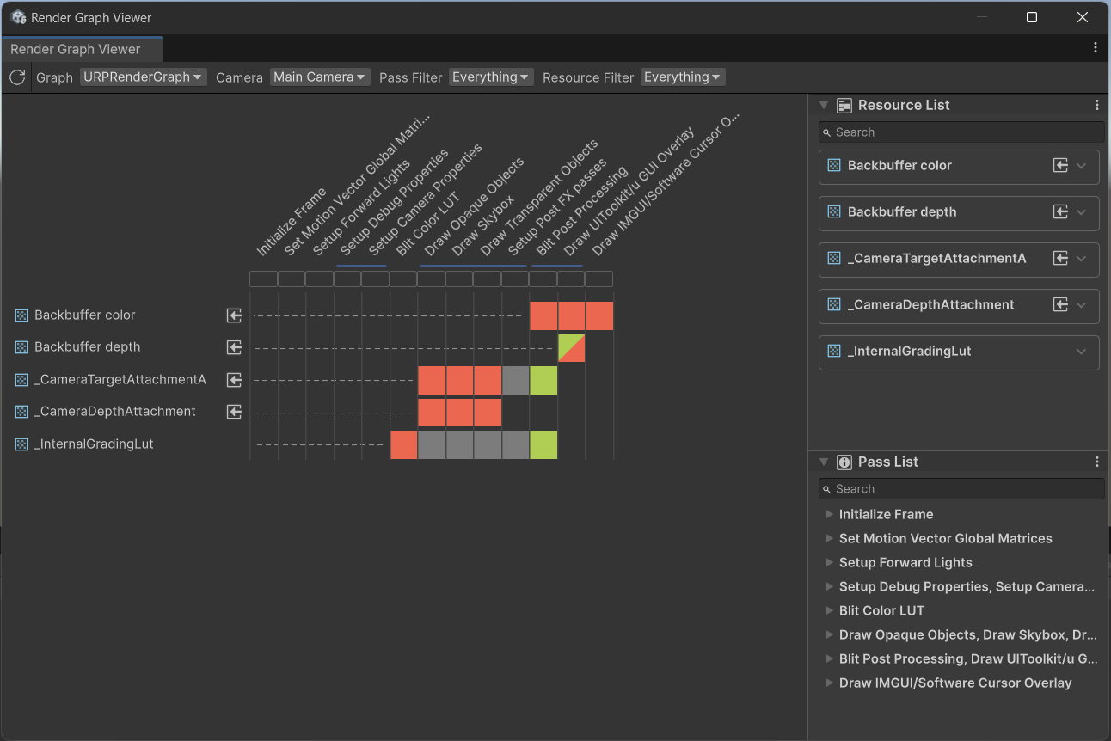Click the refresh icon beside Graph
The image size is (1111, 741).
point(17,77)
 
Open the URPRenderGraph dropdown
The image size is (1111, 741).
point(143,77)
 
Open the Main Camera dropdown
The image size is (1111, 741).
point(320,77)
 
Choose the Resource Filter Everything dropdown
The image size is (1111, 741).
point(683,77)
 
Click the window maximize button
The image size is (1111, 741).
point(1032,17)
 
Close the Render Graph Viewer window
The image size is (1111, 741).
point(1083,17)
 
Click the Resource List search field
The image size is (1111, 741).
point(961,132)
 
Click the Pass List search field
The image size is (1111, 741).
point(961,489)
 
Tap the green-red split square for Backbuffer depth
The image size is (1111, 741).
point(572,348)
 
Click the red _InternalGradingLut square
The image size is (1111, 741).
point(403,445)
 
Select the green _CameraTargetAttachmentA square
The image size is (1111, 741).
point(543,380)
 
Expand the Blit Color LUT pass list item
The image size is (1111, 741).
point(829,610)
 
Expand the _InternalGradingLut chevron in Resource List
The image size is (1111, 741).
point(1082,352)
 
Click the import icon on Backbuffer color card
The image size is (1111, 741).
point(1060,166)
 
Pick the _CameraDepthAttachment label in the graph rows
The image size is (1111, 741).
point(115,412)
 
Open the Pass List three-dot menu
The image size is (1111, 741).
point(1096,462)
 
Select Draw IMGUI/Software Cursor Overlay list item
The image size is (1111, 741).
point(954,683)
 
